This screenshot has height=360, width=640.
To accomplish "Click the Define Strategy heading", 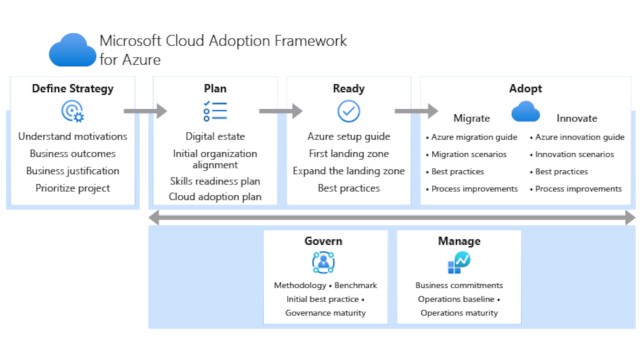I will tap(72, 88).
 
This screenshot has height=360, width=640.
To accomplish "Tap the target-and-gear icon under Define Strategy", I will tap(72, 111).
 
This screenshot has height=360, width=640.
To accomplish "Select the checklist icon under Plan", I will tap(215, 111).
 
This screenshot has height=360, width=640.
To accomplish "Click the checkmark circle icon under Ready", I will tap(348, 111).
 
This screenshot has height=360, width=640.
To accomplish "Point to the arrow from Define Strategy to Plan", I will tap(145, 111).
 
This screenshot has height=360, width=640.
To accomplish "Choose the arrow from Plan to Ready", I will tap(280, 111).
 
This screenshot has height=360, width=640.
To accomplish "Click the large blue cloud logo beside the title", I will tap(72, 50).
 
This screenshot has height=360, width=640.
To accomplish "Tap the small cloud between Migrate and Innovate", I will tap(525, 111).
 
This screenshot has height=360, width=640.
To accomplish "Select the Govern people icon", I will tap(323, 262).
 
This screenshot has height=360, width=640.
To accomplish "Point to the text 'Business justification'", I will tap(72, 171).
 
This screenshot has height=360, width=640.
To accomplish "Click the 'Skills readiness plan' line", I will tap(215, 181).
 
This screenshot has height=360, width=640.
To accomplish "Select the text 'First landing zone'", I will tap(348, 154).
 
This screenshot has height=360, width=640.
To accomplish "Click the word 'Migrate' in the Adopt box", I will tap(471, 118).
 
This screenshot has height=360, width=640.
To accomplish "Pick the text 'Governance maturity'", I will tap(325, 313).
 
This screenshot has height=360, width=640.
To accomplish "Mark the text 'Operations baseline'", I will tap(456, 299).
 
